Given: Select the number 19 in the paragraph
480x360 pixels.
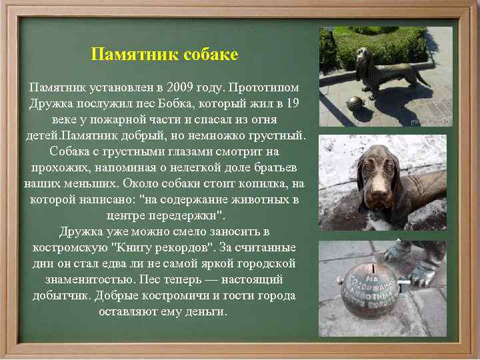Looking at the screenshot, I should tap(291, 103).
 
